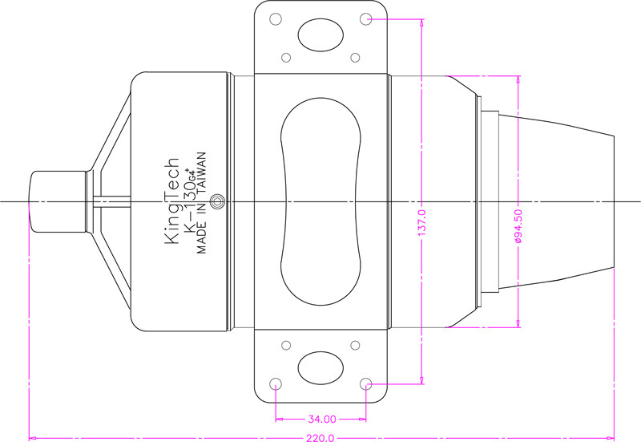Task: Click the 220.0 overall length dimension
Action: (x=320, y=438)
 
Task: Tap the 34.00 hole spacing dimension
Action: (x=322, y=419)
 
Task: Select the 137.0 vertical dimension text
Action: (x=422, y=222)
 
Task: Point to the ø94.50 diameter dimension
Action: (x=518, y=226)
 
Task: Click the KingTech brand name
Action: (x=171, y=201)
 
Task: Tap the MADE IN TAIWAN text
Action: (x=202, y=203)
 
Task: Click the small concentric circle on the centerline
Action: (x=217, y=201)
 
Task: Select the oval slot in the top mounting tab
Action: (x=320, y=35)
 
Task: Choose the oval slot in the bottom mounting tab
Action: (x=320, y=367)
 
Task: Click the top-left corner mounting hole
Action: (x=276, y=18)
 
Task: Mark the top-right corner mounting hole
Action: (x=366, y=18)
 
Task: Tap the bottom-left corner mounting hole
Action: (x=276, y=384)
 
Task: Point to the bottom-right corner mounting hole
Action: (x=366, y=384)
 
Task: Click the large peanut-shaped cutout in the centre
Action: (x=321, y=201)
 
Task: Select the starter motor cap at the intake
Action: (x=57, y=202)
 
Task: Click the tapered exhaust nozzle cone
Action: (x=556, y=201)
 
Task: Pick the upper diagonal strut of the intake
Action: (x=111, y=131)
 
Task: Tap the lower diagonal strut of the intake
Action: (x=111, y=272)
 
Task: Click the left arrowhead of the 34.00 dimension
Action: (x=279, y=419)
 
